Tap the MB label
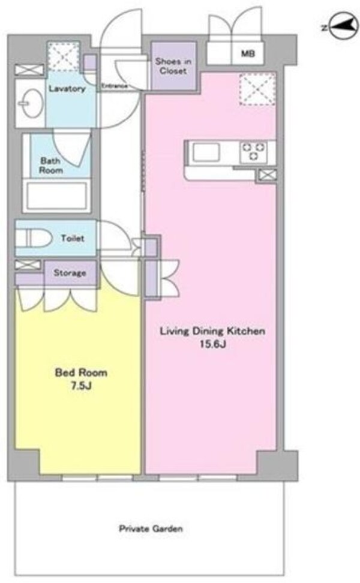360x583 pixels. click(248, 53)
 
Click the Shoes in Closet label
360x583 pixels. click(173, 66)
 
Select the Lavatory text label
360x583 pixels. click(67, 89)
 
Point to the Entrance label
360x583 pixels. click(115, 86)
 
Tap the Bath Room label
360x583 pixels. click(51, 166)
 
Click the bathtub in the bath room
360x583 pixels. click(57, 196)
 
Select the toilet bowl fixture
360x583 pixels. click(34, 238)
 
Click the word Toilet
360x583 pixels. click(73, 238)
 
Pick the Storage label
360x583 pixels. click(70, 272)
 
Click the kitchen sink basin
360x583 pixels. click(206, 152)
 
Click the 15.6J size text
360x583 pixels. click(213, 344)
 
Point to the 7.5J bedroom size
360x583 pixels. click(81, 386)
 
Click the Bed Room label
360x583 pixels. click(81, 372)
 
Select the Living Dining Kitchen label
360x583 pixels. click(213, 331)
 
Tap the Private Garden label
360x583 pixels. click(151, 528)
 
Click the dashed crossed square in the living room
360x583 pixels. click(257, 89)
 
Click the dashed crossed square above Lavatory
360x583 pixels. click(64, 56)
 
